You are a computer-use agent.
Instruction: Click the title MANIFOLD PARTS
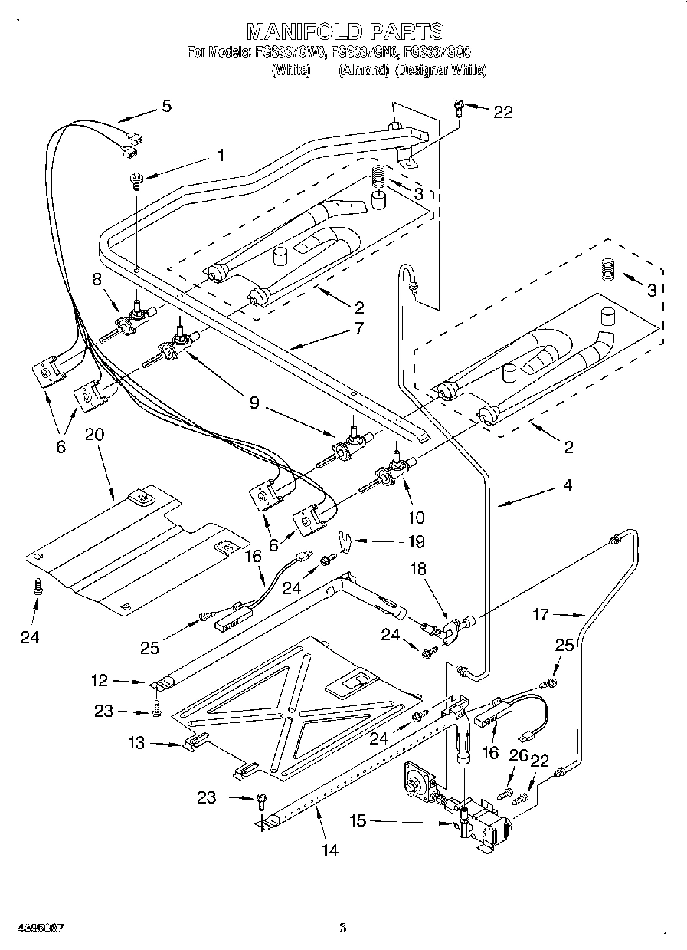tap(344, 31)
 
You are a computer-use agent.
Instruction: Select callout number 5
tap(166, 107)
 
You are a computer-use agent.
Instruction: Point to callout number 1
tap(221, 155)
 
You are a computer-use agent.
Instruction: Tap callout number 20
tap(94, 434)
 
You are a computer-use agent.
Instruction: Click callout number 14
tap(331, 849)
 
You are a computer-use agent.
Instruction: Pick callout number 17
tap(541, 613)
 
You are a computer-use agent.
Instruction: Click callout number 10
tap(416, 518)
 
